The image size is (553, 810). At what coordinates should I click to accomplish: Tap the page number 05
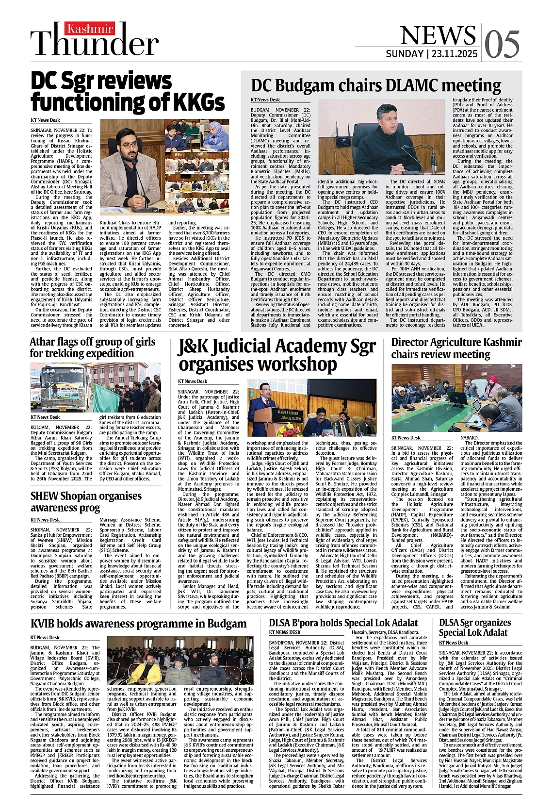point(502,44)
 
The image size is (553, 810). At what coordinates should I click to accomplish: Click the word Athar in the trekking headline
point(42,342)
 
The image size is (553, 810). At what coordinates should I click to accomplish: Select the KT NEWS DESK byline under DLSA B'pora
point(285,632)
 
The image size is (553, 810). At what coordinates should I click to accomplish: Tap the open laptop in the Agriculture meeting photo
point(457,398)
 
